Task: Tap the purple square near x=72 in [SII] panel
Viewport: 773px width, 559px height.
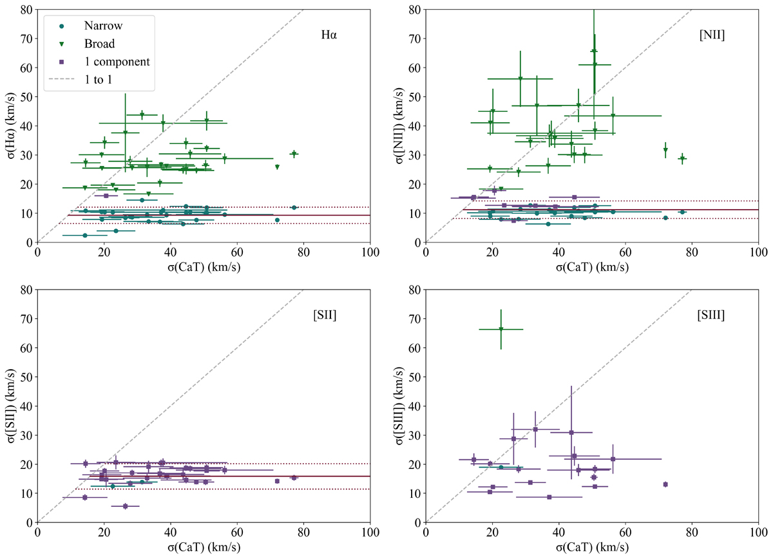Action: pyautogui.click(x=277, y=481)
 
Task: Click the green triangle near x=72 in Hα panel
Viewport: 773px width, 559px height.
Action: pyautogui.click(x=277, y=167)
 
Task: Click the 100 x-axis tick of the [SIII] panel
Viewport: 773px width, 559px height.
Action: pyautogui.click(x=758, y=533)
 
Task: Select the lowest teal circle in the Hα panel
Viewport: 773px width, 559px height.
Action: pyautogui.click(x=84, y=235)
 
